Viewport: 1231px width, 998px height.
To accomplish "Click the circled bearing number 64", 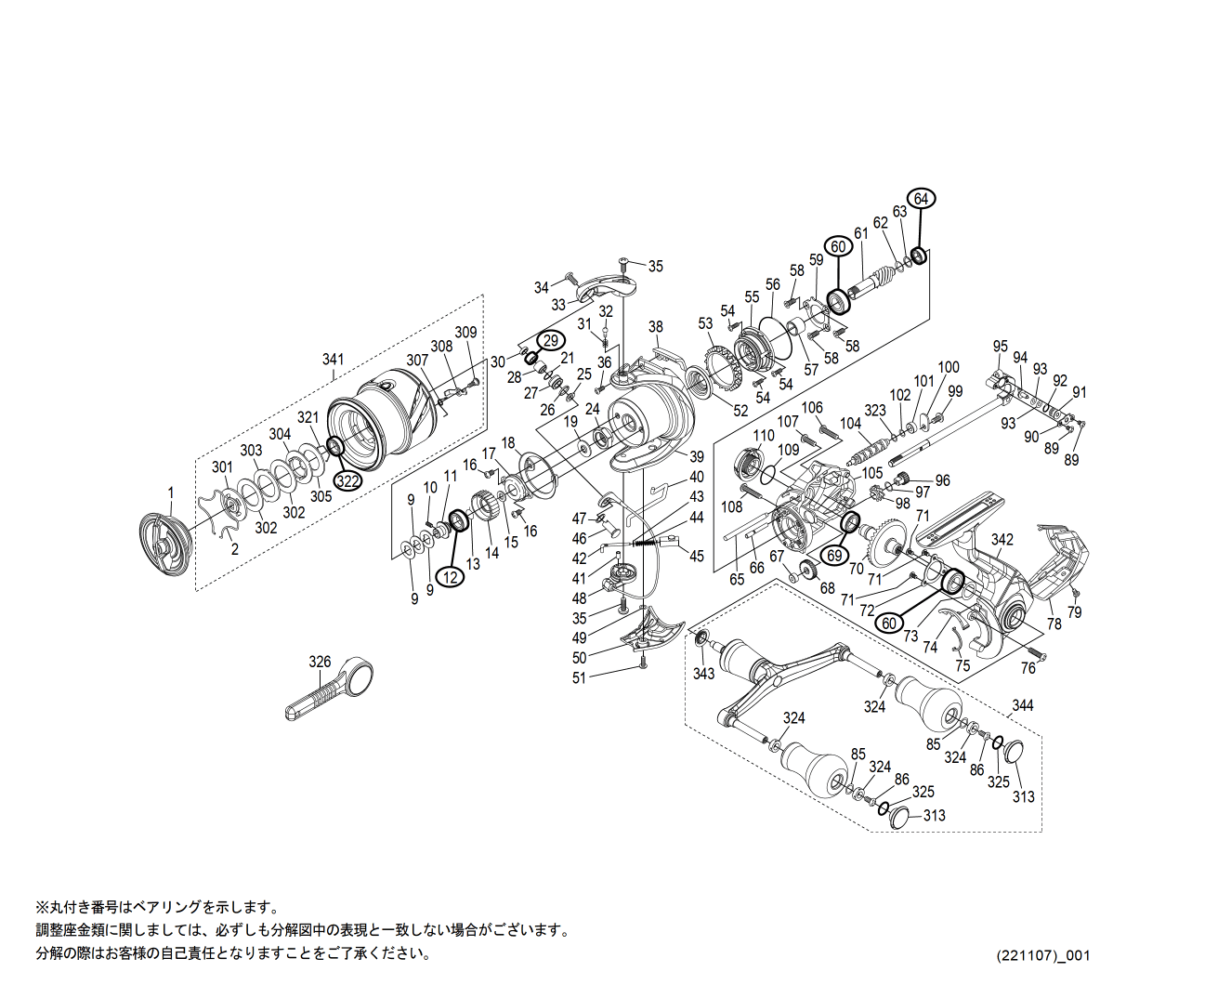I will pyautogui.click(x=921, y=199).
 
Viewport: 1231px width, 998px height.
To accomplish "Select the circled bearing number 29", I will pyautogui.click(x=551, y=341).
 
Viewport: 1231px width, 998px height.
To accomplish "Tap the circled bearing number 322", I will pyautogui.click(x=347, y=480).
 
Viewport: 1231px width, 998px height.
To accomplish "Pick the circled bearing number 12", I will pyautogui.click(x=451, y=577).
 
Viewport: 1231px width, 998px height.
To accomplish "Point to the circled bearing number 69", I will pyautogui.click(x=835, y=556).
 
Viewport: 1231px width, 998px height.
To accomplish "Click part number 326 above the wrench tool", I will pyautogui.click(x=320, y=662).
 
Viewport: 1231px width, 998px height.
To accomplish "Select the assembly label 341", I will pyautogui.click(x=333, y=360).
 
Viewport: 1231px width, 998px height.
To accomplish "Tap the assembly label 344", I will pyautogui.click(x=1022, y=705).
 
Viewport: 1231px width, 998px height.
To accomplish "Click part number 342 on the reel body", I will pyautogui.click(x=1002, y=539).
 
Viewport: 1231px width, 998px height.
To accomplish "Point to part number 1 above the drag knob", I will pyautogui.click(x=170, y=492).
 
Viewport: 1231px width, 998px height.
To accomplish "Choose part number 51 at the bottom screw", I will pyautogui.click(x=579, y=678).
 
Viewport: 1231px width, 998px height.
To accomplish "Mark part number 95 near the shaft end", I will pyautogui.click(x=1000, y=347).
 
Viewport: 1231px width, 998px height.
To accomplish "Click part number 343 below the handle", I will pyautogui.click(x=703, y=673).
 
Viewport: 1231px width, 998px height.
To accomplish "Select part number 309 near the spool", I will pyautogui.click(x=465, y=333).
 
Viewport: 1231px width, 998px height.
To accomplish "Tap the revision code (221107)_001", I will pyautogui.click(x=1043, y=955).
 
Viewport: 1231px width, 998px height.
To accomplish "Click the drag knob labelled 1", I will pyautogui.click(x=164, y=546).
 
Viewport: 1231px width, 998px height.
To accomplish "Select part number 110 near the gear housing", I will pyautogui.click(x=764, y=435).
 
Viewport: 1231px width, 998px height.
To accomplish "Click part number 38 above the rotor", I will pyautogui.click(x=656, y=327).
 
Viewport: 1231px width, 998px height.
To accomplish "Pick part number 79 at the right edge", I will pyautogui.click(x=1074, y=612).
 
